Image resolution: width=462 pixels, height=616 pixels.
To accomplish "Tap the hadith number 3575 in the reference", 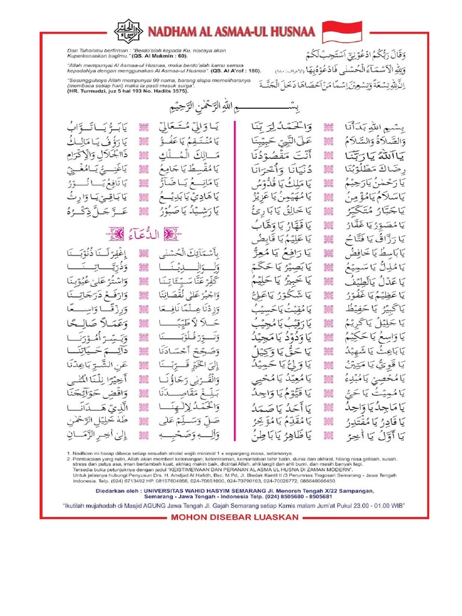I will pos(180,94).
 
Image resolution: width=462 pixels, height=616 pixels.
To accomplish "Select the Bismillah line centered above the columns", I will pos(232,108).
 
